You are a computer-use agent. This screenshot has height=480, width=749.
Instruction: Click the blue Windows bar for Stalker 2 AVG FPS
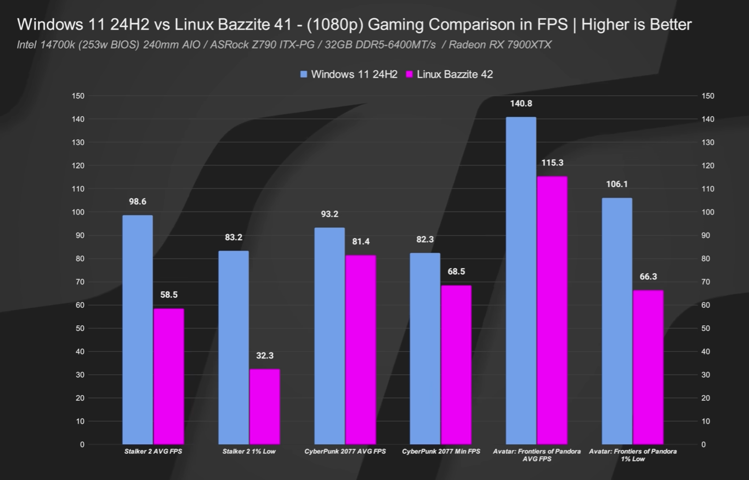138,330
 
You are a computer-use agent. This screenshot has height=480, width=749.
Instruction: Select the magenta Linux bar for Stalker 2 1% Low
265,407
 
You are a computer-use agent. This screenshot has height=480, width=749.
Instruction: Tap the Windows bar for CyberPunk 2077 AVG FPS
330,336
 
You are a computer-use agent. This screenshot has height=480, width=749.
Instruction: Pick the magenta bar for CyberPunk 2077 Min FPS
456,365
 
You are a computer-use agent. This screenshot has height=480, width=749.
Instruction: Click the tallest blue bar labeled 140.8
521,281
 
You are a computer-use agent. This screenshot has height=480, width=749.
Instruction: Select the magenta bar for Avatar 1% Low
648,367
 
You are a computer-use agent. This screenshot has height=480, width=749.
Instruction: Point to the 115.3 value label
552,163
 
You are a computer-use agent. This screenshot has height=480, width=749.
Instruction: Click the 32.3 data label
265,355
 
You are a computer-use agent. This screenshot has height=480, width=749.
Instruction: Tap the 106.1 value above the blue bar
617,184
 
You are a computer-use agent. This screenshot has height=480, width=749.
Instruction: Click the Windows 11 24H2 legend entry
349,74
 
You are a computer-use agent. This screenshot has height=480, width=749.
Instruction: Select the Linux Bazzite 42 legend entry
450,74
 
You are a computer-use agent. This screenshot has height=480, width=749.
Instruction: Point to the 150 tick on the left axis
78,96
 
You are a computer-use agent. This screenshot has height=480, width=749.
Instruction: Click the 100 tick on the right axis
708,212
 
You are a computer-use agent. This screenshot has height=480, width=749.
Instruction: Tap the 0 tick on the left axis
82,444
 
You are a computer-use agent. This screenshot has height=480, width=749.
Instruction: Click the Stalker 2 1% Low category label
249,451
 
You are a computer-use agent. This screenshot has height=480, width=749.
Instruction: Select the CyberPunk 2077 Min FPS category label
441,451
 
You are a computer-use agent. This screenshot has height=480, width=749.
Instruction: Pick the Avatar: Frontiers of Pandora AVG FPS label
537,455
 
